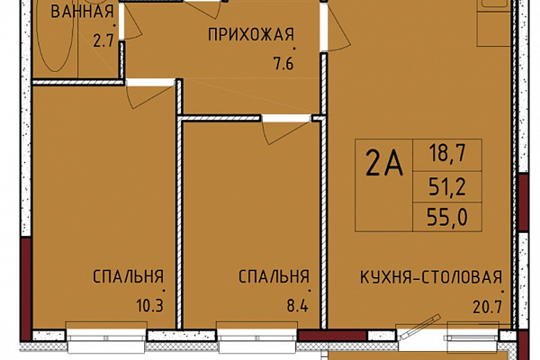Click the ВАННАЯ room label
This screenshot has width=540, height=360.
pyautogui.click(x=82, y=12)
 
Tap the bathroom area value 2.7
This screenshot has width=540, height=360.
pyautogui.click(x=103, y=41)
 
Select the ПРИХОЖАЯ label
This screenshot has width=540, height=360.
pyautogui.click(x=251, y=35)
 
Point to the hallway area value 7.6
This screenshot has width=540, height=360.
pyautogui.click(x=283, y=64)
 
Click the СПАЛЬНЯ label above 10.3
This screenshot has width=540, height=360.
pyautogui.click(x=128, y=276)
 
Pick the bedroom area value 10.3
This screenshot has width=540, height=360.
pyautogui.click(x=149, y=306)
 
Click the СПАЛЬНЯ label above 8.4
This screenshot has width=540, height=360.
pyautogui.click(x=274, y=276)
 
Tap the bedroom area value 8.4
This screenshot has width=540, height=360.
pyautogui.click(x=298, y=306)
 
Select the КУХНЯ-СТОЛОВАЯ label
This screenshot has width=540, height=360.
pyautogui.click(x=431, y=277)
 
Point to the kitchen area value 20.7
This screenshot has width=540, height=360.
pyautogui.click(x=487, y=307)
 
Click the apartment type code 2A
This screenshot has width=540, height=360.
pyautogui.click(x=384, y=164)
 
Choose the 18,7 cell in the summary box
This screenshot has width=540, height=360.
pyautogui.click(x=447, y=153)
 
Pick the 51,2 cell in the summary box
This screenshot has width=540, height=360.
pyautogui.click(x=447, y=187)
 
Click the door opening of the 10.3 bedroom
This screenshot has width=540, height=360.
pyautogui.click(x=151, y=82)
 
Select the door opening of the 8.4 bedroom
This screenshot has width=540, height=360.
pyautogui.click(x=286, y=119)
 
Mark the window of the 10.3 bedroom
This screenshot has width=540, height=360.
pyautogui.click(x=106, y=335)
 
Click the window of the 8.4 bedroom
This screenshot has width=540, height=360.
pyautogui.click(x=256, y=335)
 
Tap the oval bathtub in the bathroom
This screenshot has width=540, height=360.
pyautogui.click(x=55, y=35)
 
